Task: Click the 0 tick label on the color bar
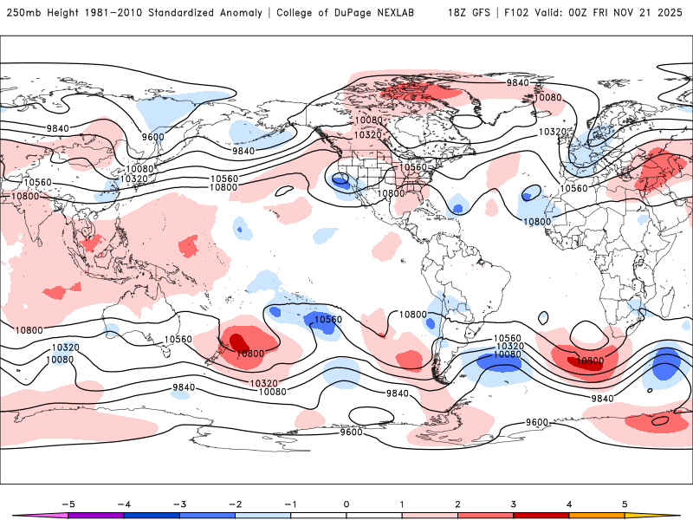(346, 503)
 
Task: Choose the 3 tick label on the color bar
(513, 503)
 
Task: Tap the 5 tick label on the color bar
(624, 503)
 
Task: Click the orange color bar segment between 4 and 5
(596, 515)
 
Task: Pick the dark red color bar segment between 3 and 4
(541, 515)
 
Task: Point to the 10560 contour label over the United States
(413, 167)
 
